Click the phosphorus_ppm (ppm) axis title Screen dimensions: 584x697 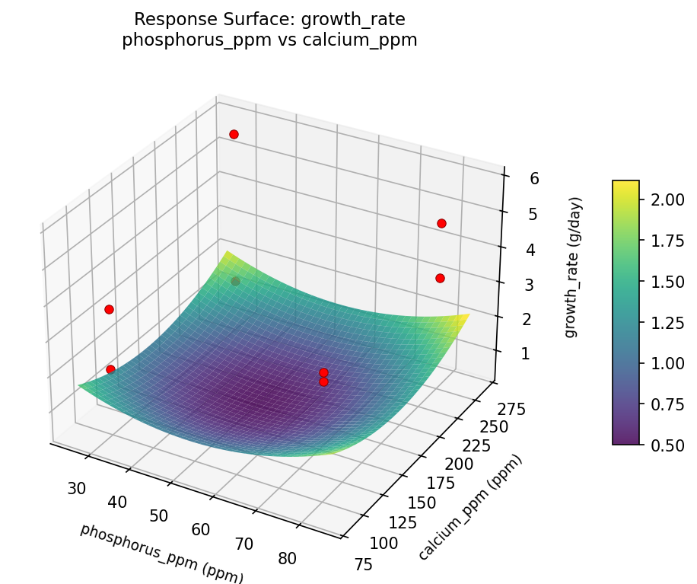161,554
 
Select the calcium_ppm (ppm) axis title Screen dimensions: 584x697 471,508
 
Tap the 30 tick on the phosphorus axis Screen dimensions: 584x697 76,488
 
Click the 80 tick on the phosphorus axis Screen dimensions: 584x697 287,558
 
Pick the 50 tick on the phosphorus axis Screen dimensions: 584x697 158,515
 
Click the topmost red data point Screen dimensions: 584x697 234,134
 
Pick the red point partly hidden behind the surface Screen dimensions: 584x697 236,281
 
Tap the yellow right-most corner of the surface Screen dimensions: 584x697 466,314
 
